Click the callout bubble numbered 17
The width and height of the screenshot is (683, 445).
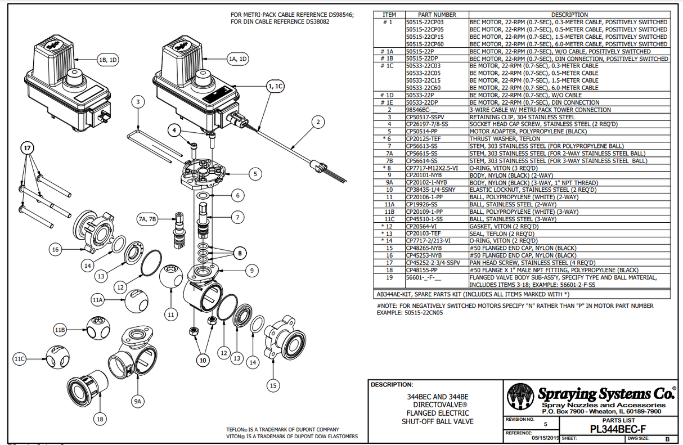pos(28,148)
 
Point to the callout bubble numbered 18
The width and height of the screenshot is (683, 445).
pos(100,419)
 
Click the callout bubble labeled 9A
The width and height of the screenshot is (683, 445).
pos(137,401)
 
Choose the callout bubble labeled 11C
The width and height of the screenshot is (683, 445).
pos(20,358)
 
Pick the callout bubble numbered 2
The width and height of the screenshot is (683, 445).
pos(318,122)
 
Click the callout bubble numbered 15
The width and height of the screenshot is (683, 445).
pos(273,385)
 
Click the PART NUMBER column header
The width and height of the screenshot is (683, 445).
pos(437,15)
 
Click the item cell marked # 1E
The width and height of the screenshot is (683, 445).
pos(387,102)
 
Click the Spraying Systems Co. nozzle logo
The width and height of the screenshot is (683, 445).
pos(521,398)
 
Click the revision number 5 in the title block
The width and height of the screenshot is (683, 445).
pos(544,425)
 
